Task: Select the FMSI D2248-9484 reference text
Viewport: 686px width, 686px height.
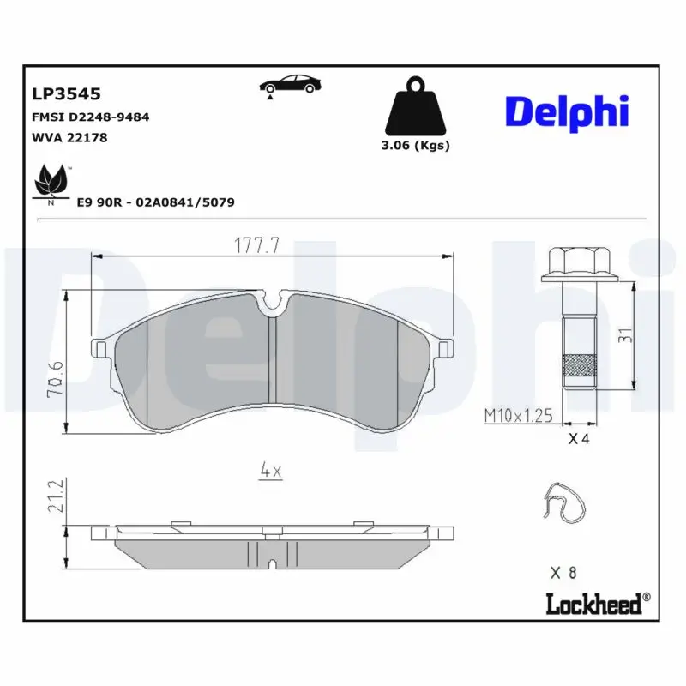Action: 91,117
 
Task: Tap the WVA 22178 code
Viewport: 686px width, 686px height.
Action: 69,136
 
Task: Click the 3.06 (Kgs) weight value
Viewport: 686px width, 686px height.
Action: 416,145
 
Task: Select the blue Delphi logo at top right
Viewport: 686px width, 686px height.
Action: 567,111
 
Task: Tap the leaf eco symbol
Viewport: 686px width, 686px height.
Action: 51,182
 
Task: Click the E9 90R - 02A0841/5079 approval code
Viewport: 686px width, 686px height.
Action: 156,202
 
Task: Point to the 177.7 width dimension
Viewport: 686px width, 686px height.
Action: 257,246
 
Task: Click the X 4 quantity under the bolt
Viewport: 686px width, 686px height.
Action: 580,440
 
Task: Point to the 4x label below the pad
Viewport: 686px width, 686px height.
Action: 271,469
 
